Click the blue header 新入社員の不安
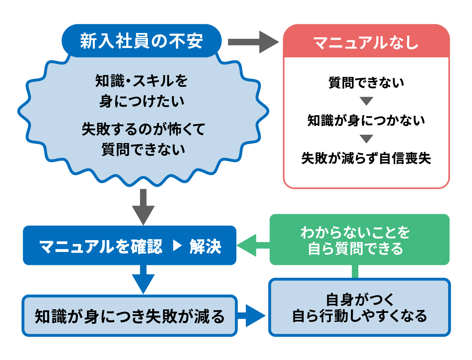pos(142,41)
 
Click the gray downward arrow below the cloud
pos(143,206)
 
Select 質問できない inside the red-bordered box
pos(366,83)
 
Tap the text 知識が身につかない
pos(366,120)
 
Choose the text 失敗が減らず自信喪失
pos(366,158)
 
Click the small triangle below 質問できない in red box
pos(366,101)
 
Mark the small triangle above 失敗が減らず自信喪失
pos(366,139)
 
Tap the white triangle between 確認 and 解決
pos(177,247)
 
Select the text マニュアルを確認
pos(101,247)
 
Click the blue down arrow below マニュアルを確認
pos(143,280)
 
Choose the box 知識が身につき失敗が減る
pos(130,316)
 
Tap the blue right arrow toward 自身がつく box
pos(252,316)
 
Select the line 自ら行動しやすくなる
pos(359,316)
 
